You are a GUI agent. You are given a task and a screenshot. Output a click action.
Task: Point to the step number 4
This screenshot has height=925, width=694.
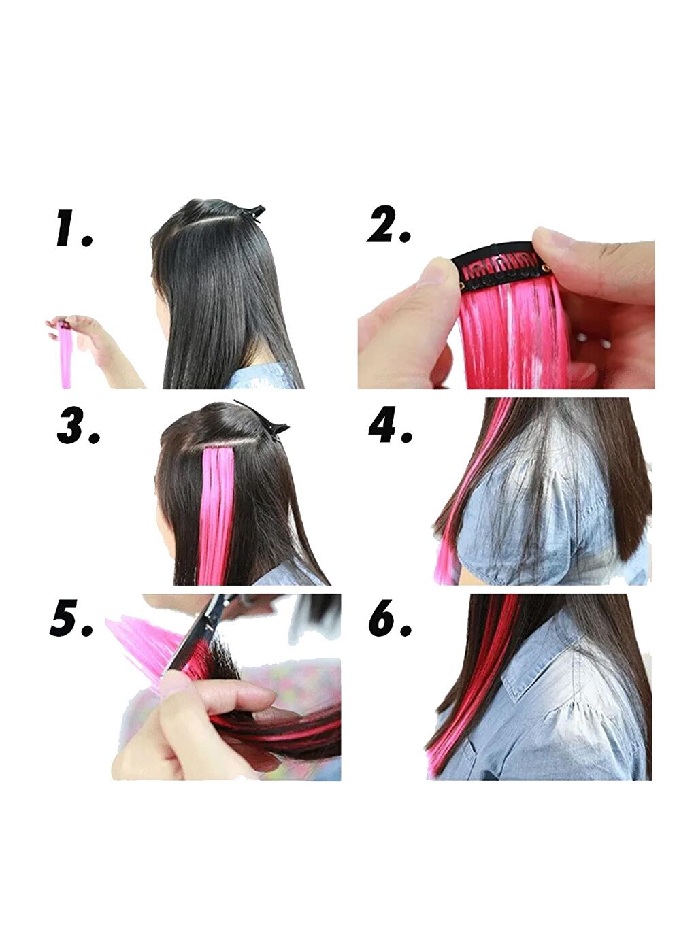point(390,425)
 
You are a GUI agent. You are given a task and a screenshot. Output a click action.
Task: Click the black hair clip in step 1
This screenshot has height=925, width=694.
point(252,214)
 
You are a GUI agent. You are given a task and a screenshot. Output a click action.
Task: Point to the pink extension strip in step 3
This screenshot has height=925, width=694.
point(217,515)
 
